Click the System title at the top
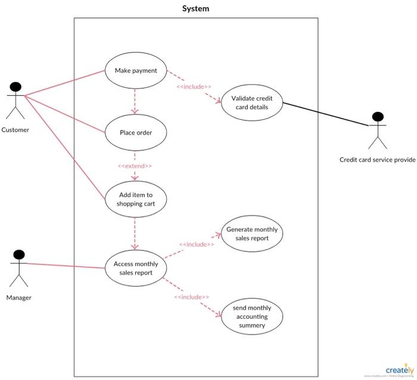(195, 9)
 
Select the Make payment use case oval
(135, 71)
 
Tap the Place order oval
(135, 132)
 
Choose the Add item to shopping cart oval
(135, 199)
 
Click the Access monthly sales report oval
(135, 268)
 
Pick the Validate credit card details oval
(251, 102)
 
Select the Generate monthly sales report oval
(251, 233)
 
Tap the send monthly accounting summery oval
(251, 316)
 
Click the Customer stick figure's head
(15, 88)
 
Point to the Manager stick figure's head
(19, 256)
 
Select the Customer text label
(15, 130)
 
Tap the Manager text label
(19, 297)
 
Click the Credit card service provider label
(377, 160)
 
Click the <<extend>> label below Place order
(135, 166)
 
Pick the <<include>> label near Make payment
(194, 87)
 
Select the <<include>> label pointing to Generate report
(196, 244)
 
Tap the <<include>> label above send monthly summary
(191, 297)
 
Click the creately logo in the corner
(400, 369)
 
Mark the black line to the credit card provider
(326, 114)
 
